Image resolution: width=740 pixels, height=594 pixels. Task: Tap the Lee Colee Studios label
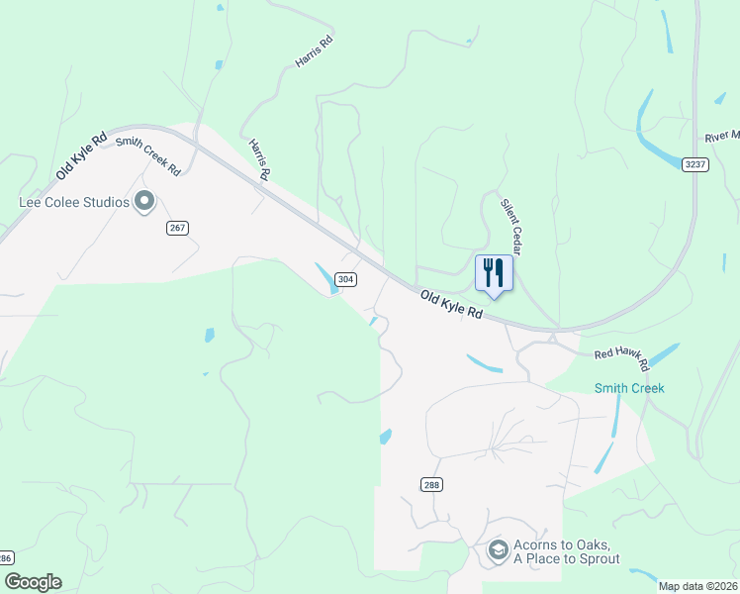pos(75,202)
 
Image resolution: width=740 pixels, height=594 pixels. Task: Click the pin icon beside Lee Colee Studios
pos(144,202)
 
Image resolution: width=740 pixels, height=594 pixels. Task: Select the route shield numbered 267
pos(177,228)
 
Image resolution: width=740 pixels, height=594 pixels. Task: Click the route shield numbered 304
pos(345,279)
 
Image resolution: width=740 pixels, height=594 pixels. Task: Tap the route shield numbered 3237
pos(695,164)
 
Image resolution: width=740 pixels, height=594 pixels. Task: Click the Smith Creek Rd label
pos(148,155)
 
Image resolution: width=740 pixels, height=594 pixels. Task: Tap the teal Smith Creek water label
pos(629,388)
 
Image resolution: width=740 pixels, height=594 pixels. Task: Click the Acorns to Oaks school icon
pos(499,549)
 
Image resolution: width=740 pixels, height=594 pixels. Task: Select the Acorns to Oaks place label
pos(566,552)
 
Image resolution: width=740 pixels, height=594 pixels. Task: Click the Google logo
pos(33,582)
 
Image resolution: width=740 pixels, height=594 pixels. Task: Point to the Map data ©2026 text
pos(697,586)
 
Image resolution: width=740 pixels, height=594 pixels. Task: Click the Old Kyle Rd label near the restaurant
pos(451,304)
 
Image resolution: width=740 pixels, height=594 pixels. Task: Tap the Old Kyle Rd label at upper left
pos(81,156)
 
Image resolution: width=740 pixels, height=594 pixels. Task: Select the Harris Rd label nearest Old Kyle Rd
pos(260,158)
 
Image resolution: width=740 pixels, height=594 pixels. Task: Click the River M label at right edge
pos(722,137)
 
